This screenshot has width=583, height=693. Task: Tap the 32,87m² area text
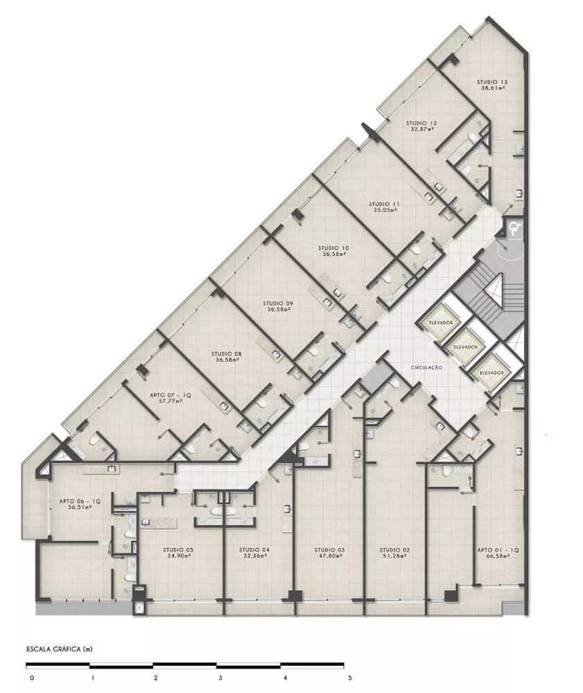tap(421, 129)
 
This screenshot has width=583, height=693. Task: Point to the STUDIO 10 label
tap(333, 247)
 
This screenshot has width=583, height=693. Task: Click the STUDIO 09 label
tap(279, 303)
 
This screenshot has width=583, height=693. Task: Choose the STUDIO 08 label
tap(227, 353)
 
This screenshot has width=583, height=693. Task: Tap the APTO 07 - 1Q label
tap(171, 395)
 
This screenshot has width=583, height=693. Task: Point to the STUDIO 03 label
tap(329, 550)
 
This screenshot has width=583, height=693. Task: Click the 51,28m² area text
tap(396, 556)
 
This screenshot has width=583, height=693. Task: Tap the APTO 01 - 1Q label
tap(498, 550)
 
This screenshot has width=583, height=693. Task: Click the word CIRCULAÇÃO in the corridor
tap(426, 367)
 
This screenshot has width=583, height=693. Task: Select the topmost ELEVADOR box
tap(441, 324)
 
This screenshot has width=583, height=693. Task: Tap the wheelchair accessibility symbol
tap(514, 227)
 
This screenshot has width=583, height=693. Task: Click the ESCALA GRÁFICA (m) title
tap(59, 649)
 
